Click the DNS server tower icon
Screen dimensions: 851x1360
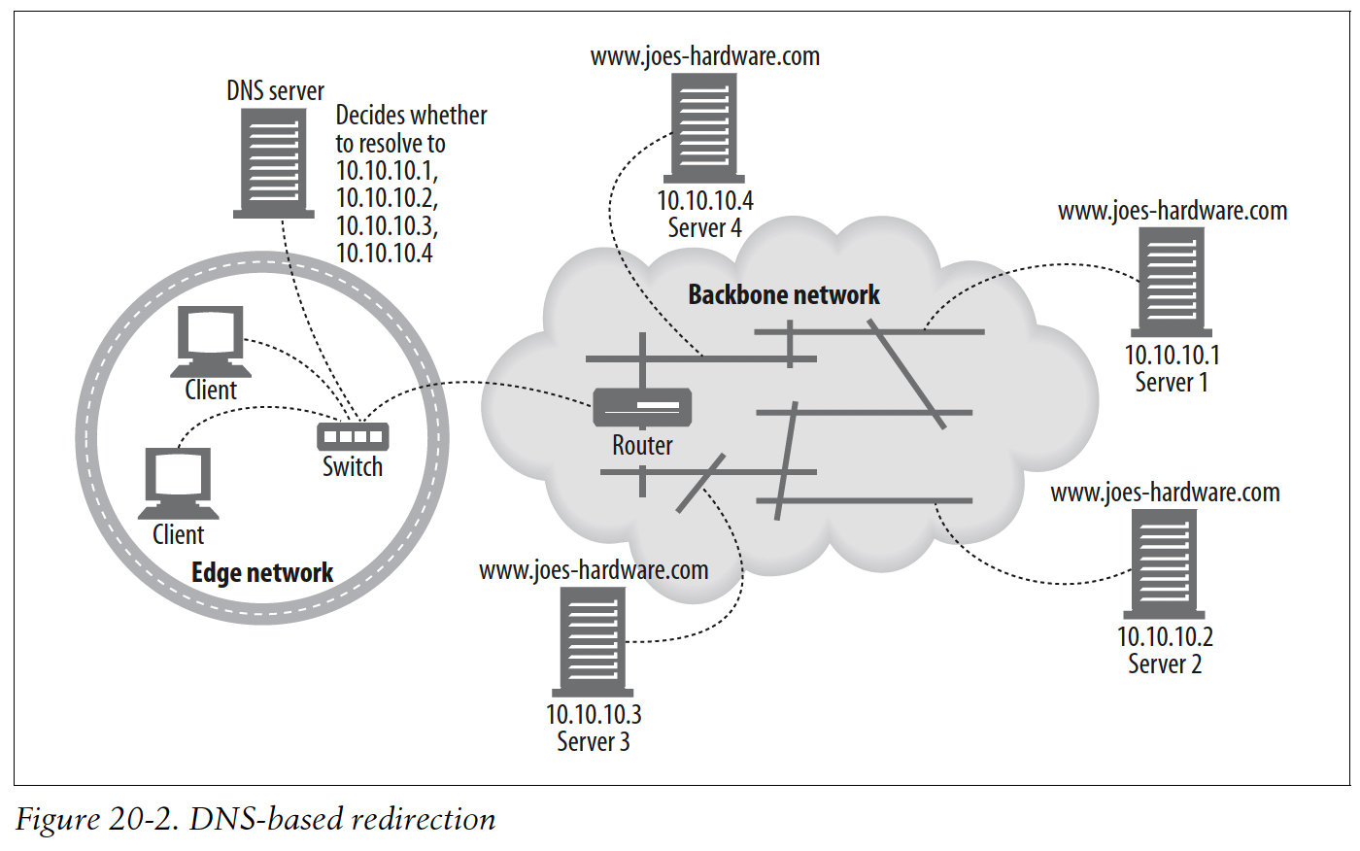[x=274, y=162]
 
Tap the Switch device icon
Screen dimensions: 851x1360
[x=353, y=436]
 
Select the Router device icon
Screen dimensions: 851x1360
[x=642, y=407]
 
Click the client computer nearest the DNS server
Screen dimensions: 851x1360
[x=210, y=341]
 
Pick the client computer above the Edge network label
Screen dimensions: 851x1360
[x=178, y=483]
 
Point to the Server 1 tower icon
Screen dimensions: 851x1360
[x=1171, y=282]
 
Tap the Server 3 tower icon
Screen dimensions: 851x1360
[x=593, y=641]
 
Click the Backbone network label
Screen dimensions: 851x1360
[x=783, y=295]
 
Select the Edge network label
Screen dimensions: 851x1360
[x=262, y=573]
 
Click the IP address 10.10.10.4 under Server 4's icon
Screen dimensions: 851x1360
[x=704, y=201]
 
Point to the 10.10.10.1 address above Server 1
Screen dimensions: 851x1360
[x=1172, y=356]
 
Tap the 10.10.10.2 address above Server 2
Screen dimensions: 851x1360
[x=1165, y=637]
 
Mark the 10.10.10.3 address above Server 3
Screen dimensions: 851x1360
[x=594, y=715]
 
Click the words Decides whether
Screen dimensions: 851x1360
[x=411, y=116]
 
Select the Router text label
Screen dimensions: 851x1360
[x=642, y=446]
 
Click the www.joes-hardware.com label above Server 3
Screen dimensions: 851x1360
[x=594, y=570]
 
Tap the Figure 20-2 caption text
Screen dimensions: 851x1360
[x=255, y=819]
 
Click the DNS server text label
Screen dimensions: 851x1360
[x=275, y=91]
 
